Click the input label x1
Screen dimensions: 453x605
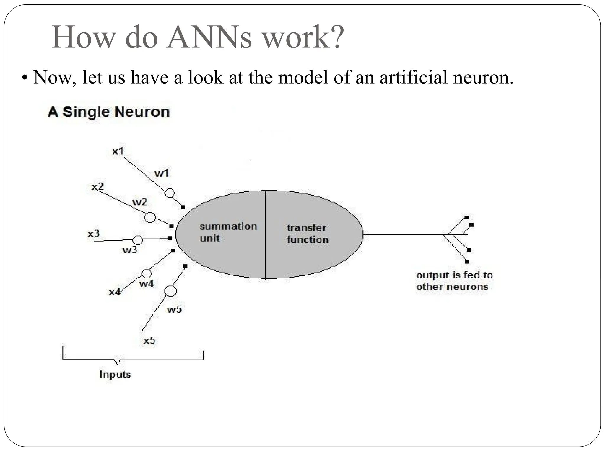tap(118, 151)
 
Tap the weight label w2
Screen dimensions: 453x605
tap(139, 202)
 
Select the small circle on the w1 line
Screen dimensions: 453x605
tap(170, 193)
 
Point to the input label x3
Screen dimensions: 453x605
tap(93, 234)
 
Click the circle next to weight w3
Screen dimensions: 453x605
tap(138, 240)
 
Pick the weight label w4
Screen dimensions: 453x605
tap(146, 284)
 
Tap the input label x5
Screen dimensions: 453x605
tap(149, 341)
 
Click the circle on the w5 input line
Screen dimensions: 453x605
tap(170, 291)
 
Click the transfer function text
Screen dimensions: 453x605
tap(307, 234)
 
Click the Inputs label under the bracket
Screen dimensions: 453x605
tap(115, 374)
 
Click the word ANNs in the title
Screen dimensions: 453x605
tap(209, 37)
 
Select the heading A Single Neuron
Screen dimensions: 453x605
tap(109, 112)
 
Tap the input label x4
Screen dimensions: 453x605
tap(115, 292)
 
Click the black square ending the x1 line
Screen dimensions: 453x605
tap(183, 207)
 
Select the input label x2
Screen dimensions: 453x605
tap(97, 186)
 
